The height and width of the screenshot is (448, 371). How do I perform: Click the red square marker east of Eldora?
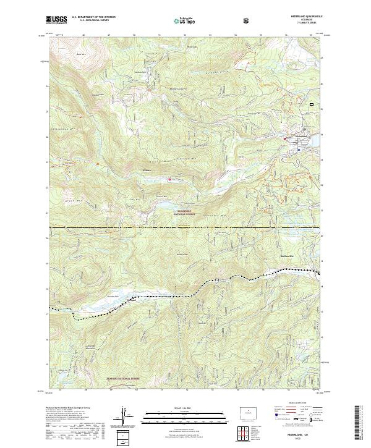pos(169,180)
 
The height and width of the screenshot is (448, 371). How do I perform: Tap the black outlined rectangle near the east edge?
pos(312,104)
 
